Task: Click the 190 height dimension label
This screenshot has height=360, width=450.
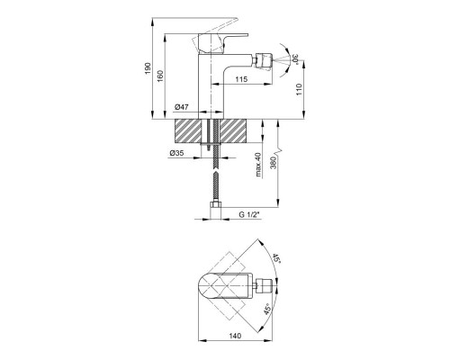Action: coord(148,68)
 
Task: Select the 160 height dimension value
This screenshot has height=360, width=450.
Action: coord(160,76)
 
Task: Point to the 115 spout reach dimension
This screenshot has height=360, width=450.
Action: coord(241,79)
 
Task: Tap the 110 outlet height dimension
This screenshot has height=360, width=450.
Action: coord(299,89)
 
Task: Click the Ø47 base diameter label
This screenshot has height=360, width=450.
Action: coord(181,106)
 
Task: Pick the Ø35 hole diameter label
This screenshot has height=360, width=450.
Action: coord(176,153)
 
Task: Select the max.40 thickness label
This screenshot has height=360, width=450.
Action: coord(258,165)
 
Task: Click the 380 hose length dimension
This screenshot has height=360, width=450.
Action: coord(273,163)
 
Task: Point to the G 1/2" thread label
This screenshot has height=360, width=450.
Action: coord(248,214)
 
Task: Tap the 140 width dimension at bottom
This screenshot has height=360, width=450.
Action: coord(235,336)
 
